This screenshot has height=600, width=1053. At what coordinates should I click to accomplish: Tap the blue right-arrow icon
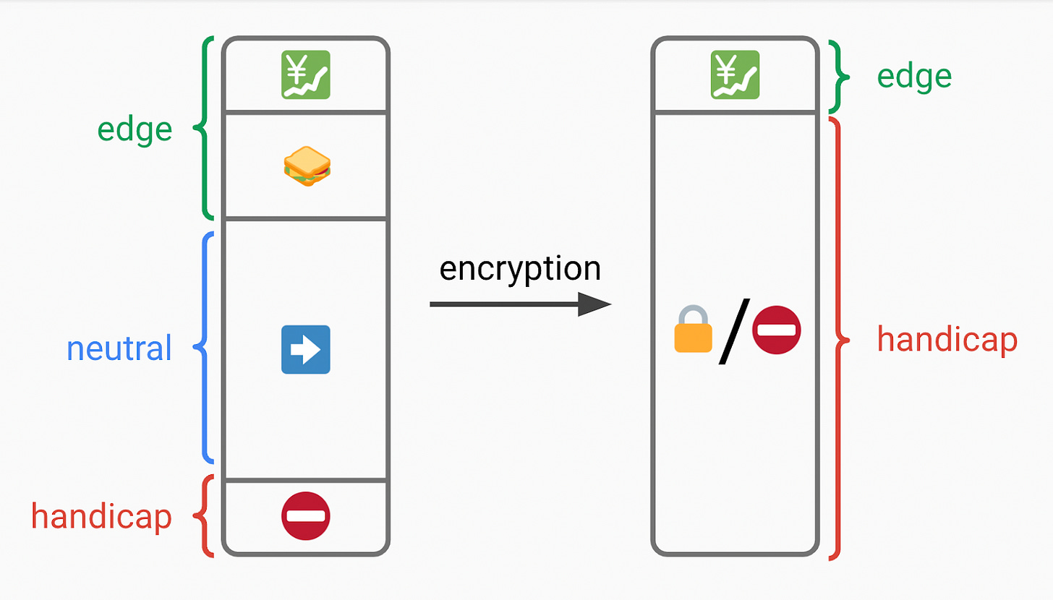[x=305, y=349]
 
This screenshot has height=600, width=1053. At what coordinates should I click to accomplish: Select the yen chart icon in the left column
[x=305, y=74]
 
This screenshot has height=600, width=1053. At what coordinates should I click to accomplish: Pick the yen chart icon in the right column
[x=734, y=74]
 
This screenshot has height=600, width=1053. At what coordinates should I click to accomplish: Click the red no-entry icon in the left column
[x=305, y=515]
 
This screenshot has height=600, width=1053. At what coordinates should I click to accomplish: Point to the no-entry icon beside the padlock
[x=777, y=330]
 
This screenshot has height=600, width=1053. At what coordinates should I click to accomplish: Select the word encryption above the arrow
[x=520, y=268]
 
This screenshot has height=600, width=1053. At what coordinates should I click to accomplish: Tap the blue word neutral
[x=119, y=348]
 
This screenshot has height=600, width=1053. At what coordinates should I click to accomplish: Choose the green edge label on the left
[x=135, y=129]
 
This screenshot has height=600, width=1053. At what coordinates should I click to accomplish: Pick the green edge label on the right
[x=914, y=77]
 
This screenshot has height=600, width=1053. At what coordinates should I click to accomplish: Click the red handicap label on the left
[x=101, y=516]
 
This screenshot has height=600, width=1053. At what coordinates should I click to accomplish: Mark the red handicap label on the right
[x=947, y=339]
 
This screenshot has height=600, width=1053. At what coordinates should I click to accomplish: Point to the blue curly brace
[x=204, y=348]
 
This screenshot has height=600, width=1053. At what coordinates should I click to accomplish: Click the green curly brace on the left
[x=204, y=128]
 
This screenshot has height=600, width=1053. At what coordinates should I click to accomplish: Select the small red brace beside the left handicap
[x=205, y=515]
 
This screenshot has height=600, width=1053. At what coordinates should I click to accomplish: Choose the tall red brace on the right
[x=838, y=338]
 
